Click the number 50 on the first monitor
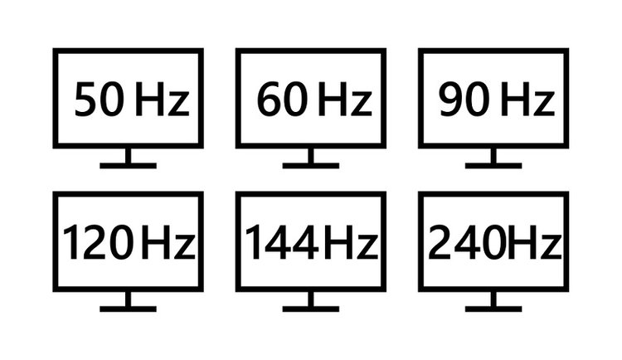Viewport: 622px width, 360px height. [99, 99]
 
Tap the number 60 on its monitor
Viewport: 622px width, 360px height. [282, 99]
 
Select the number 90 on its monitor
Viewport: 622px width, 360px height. [464, 99]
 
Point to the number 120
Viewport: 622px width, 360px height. [98, 241]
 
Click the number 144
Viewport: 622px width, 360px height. [282, 241]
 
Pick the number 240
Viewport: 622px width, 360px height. [463, 241]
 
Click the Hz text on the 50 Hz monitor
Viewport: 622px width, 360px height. [162, 99]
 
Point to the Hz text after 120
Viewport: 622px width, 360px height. [168, 242]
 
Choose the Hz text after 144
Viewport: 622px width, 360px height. [351, 242]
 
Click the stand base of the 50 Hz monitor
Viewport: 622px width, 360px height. [128, 166]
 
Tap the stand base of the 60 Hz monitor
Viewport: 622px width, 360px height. [311, 166]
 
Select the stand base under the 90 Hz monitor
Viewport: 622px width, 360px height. [493, 166]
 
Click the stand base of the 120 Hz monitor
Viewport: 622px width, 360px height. [128, 309]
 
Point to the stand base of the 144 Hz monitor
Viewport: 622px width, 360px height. [311, 309]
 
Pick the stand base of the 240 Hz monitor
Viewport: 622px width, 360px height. [493, 309]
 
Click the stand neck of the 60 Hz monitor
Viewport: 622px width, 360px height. [311, 156]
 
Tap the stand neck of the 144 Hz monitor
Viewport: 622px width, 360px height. [311, 299]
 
